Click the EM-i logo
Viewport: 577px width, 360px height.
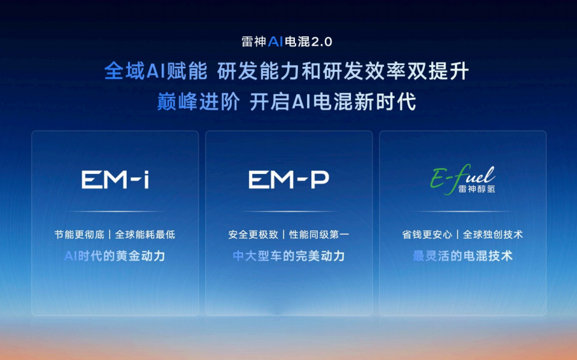(115, 180)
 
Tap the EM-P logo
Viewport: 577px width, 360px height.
(289, 180)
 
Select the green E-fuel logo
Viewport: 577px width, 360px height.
(462, 179)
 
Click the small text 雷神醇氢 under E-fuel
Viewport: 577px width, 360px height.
(476, 189)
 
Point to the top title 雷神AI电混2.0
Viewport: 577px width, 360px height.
(287, 41)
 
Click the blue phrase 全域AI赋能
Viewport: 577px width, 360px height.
(155, 71)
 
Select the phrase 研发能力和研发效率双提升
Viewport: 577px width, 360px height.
(343, 71)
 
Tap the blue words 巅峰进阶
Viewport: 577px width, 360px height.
(198, 101)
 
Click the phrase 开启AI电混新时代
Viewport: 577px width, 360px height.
(333, 101)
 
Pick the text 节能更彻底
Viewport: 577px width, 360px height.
(80, 234)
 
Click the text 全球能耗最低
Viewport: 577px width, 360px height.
(145, 234)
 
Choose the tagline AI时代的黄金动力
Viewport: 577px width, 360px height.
(115, 256)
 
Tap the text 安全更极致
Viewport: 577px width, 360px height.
(253, 234)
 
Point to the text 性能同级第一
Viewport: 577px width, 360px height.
(319, 234)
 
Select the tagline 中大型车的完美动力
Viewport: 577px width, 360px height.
(289, 256)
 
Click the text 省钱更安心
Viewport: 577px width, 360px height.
(427, 234)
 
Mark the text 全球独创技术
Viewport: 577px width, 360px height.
(493, 234)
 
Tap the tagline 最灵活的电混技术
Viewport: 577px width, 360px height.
(462, 256)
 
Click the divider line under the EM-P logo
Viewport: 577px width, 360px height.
(289, 212)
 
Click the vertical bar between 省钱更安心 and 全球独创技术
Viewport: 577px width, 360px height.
(457, 234)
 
